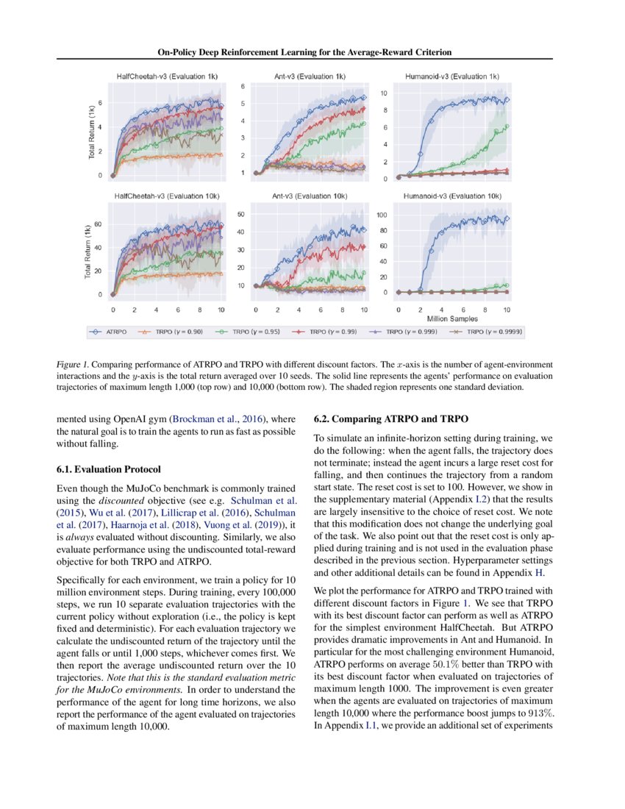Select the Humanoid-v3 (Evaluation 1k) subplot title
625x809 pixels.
pyautogui.click(x=451, y=76)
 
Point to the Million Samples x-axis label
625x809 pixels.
pyautogui.click(x=451, y=319)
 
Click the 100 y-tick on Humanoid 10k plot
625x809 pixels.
pyautogui.click(x=382, y=215)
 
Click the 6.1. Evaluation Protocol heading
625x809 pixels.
pyautogui.click(x=108, y=468)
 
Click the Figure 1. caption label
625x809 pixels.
pyautogui.click(x=73, y=365)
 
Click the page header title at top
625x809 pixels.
pyautogui.click(x=304, y=52)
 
